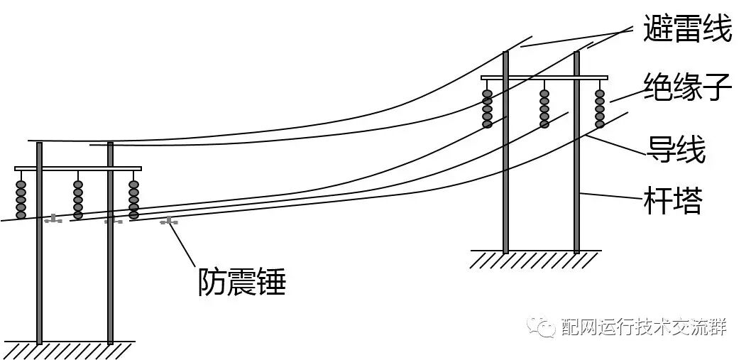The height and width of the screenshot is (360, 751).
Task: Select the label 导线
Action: tap(675, 149)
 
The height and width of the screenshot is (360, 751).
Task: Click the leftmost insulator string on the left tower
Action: tap(21, 199)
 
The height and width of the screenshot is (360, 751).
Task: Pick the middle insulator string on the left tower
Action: tap(78, 199)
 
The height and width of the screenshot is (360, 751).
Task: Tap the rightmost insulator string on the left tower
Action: tap(133, 199)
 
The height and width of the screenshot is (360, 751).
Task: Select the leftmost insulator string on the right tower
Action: tap(487, 109)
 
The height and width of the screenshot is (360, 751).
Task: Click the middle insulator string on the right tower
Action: tap(544, 109)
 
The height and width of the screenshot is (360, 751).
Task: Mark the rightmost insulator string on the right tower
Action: tap(600, 109)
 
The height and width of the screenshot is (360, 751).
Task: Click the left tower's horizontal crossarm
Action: tap(78, 168)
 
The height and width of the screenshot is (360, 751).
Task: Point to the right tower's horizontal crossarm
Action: tap(544, 77)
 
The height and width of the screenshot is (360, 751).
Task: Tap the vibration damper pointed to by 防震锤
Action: tap(169, 222)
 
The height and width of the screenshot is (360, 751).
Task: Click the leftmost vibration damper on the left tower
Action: tap(53, 219)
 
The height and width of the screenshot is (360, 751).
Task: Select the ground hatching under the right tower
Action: tap(536, 259)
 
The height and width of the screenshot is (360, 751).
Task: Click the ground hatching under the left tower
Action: tap(71, 350)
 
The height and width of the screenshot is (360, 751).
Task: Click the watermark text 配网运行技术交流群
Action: tap(643, 328)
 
